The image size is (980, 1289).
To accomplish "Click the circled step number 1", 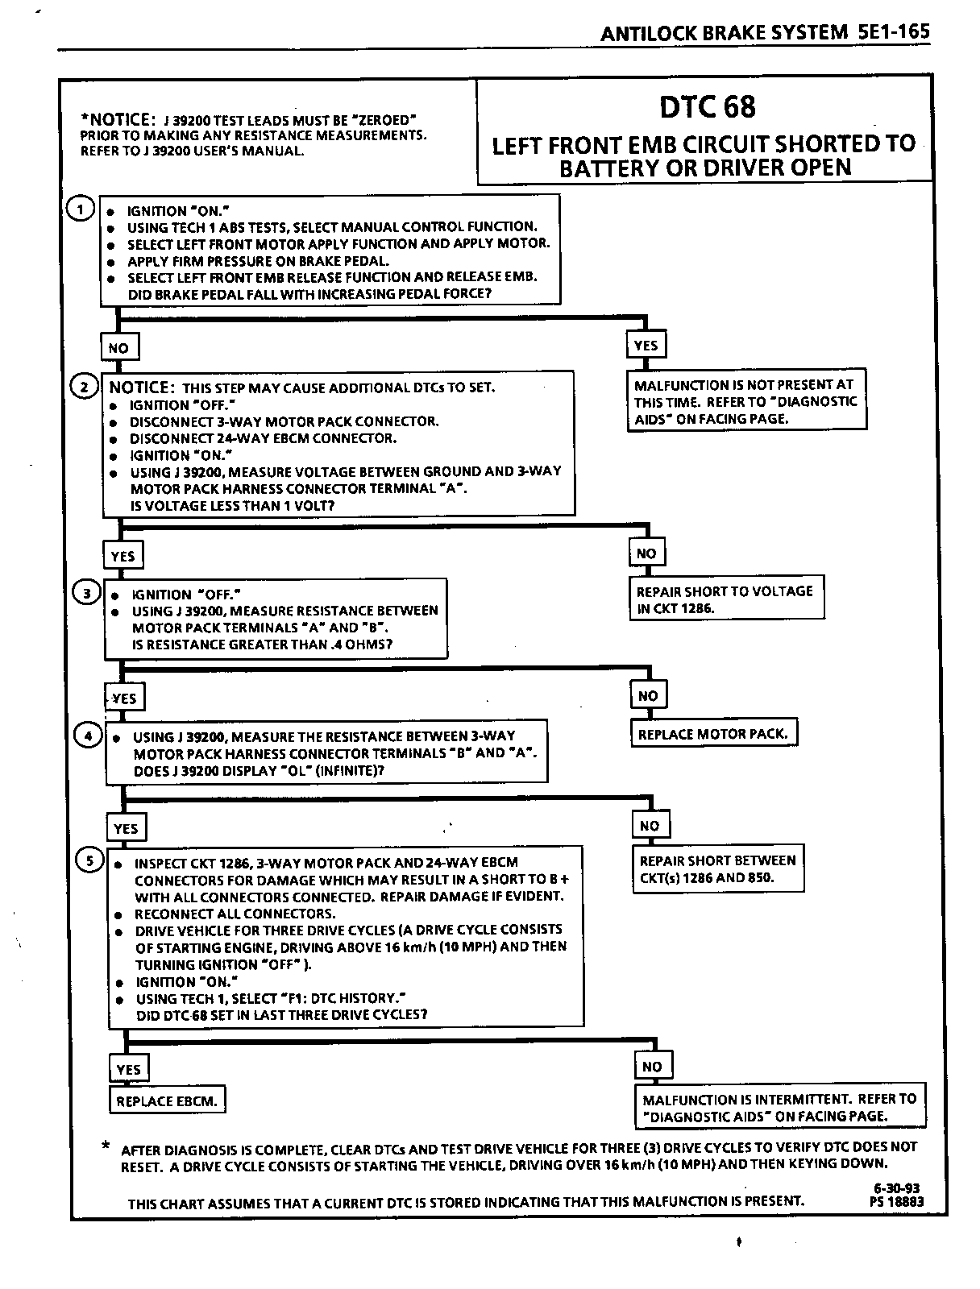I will click(80, 209).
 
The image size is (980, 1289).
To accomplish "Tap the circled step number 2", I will click(84, 387).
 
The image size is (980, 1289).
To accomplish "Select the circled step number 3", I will click(87, 594).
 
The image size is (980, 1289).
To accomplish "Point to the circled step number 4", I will click(88, 735).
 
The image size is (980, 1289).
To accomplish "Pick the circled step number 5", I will click(90, 860).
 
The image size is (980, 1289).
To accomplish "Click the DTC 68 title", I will click(708, 107).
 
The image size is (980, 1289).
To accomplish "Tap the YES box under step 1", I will click(646, 346).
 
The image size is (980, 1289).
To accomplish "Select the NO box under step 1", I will click(118, 348).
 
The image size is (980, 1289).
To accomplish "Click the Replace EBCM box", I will click(167, 1100).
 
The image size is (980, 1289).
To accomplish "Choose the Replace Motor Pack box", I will click(712, 734).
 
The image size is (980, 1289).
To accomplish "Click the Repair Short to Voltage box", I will click(725, 599).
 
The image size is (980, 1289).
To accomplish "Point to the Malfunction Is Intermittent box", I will click(779, 1107).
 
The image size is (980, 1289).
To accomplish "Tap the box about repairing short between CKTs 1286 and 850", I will click(718, 868).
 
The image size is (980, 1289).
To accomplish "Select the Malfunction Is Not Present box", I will click(746, 401).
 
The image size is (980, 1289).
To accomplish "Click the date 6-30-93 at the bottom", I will click(895, 1188).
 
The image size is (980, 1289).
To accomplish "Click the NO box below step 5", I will click(652, 1067).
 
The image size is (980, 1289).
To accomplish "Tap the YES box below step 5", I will click(128, 1069).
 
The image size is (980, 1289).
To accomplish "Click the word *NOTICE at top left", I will click(117, 119).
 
